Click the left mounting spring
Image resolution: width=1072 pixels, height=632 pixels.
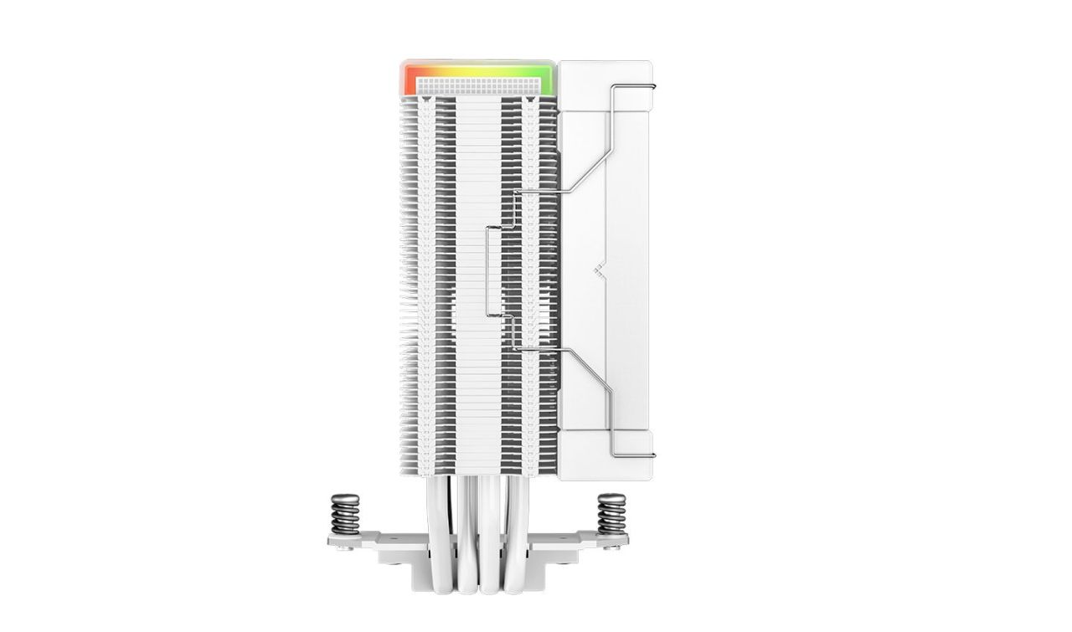345,513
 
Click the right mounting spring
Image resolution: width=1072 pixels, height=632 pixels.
611,513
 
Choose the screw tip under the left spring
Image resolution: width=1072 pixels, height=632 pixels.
340,549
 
